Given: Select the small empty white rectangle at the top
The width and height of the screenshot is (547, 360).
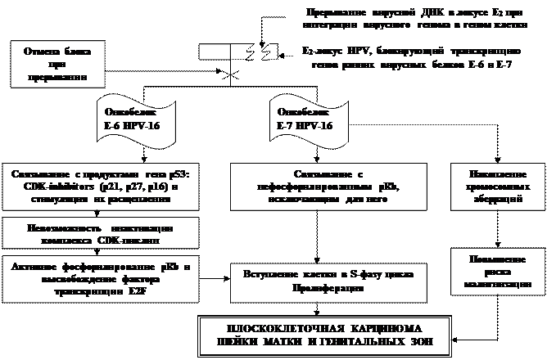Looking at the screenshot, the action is point(215,51).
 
